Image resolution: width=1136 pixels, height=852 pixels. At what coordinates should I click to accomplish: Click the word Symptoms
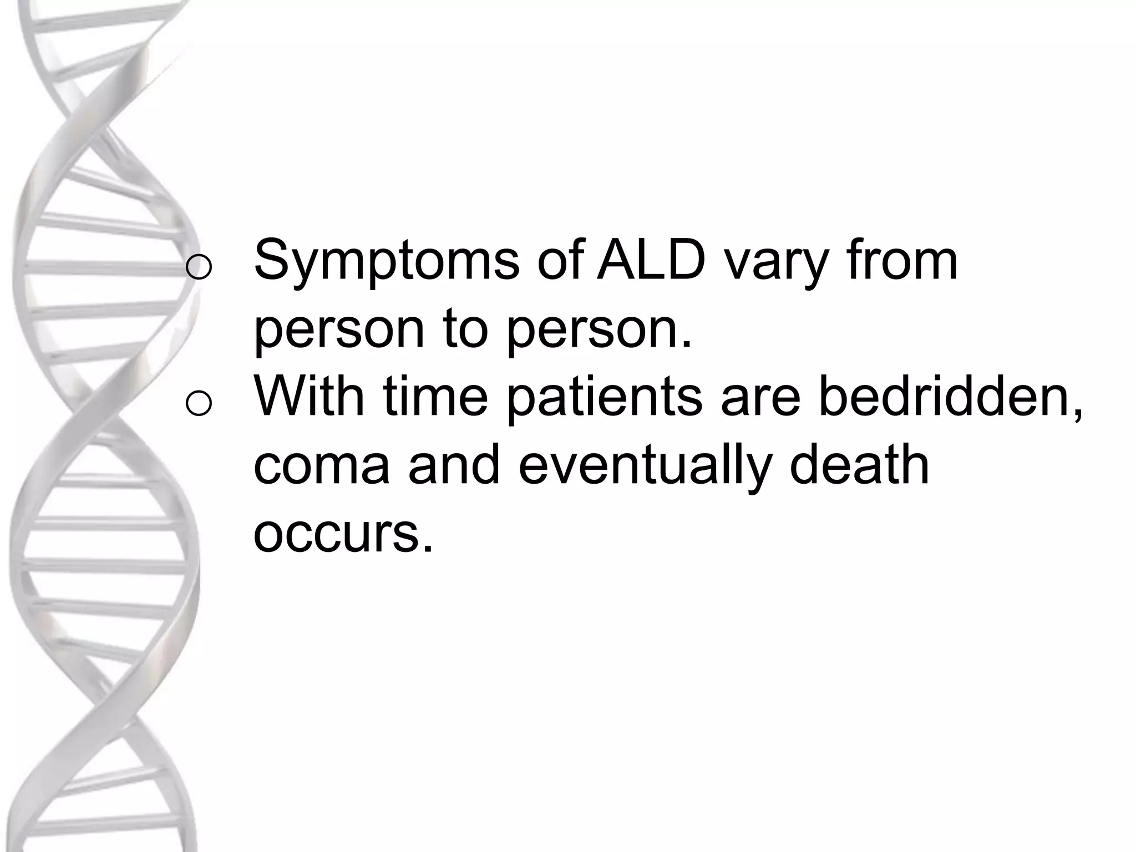tap(387, 262)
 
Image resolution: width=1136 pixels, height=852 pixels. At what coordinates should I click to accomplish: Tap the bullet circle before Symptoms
tap(199, 267)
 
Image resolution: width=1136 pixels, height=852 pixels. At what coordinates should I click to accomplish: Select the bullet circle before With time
tap(199, 403)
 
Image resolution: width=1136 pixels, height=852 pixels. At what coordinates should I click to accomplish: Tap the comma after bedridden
tap(1077, 415)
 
